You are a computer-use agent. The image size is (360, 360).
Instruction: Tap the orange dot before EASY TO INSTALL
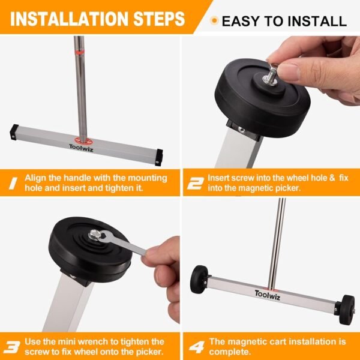[214, 21]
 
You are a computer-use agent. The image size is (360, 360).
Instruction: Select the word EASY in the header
[242, 22]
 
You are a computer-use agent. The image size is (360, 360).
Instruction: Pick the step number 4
[195, 346]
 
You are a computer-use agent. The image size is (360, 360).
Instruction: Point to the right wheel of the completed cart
[346, 309]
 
